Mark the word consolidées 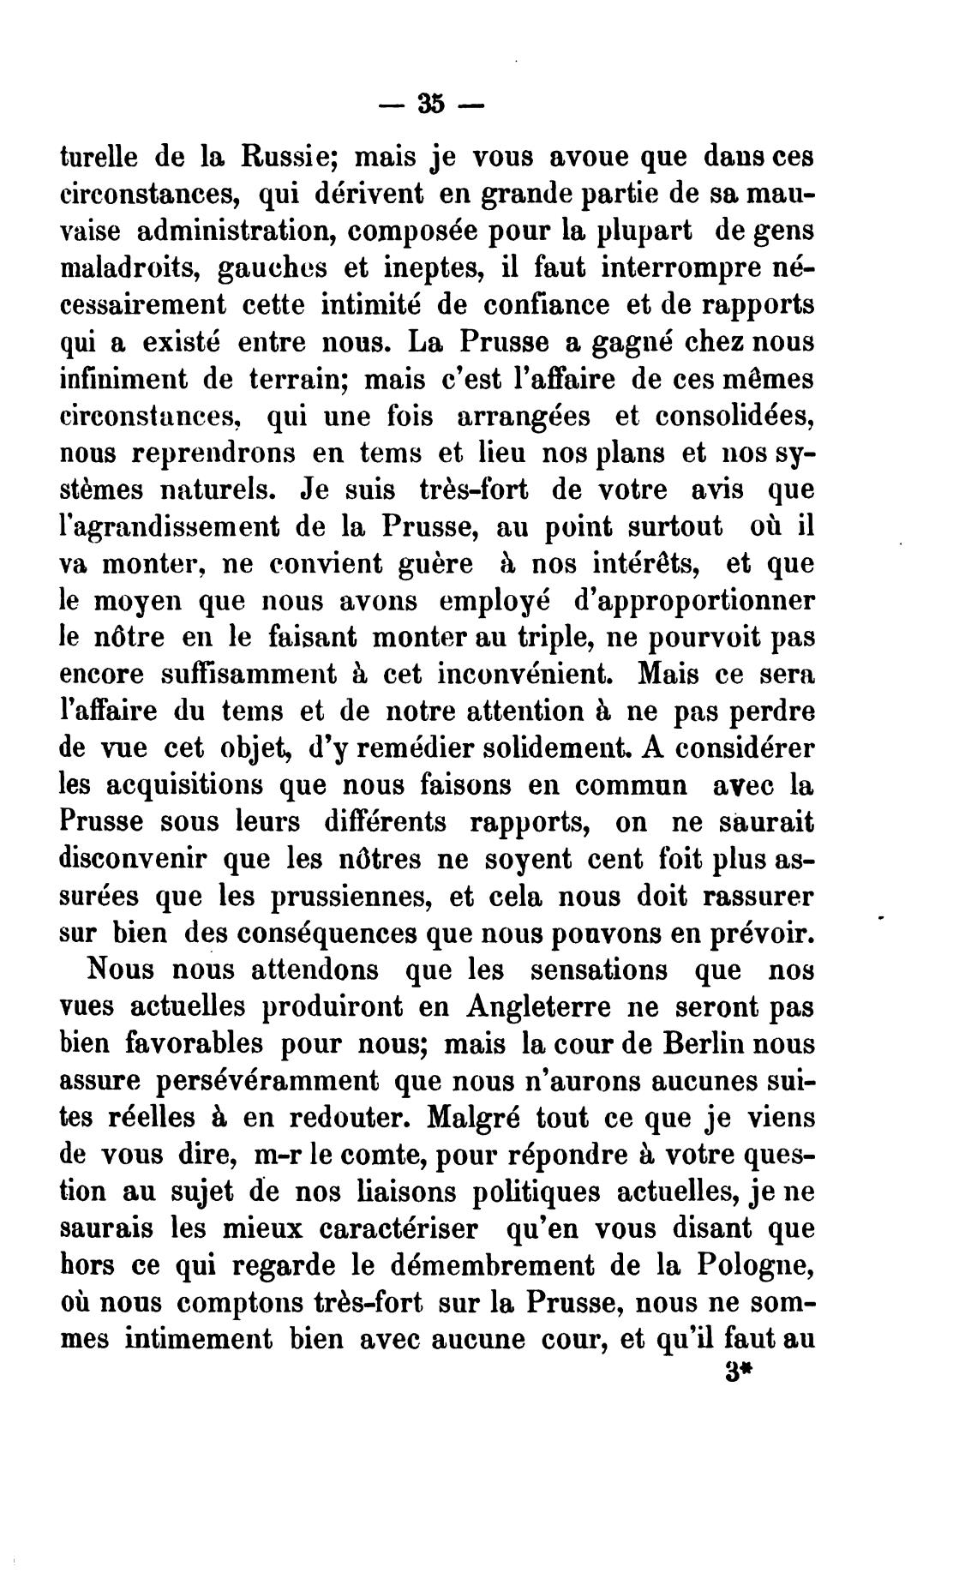pos(734,416)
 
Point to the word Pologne pos(752,1266)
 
